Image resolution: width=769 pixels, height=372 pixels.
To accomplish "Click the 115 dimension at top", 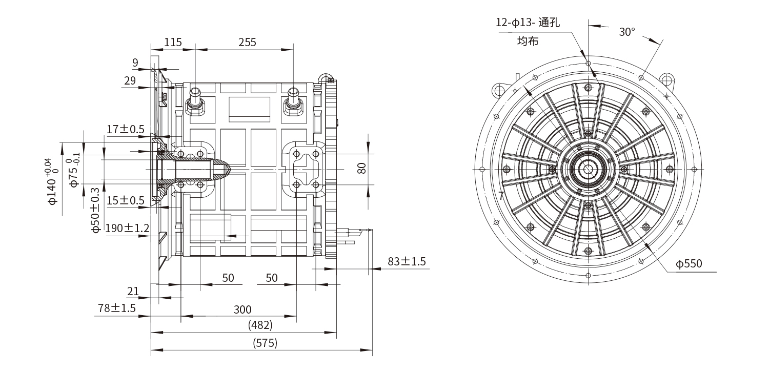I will tap(173, 42).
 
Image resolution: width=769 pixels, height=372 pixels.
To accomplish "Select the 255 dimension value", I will tap(247, 42).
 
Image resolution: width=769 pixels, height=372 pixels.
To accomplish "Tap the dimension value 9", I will tap(135, 63).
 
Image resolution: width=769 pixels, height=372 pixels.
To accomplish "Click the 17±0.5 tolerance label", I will tap(126, 129).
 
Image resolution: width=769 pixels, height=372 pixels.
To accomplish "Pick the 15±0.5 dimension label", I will tap(126, 200).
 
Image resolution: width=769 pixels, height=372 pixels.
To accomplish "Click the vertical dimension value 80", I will tap(362, 168).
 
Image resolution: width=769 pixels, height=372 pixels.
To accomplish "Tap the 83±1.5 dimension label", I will tap(407, 261).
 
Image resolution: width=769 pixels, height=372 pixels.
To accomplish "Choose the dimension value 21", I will tap(133, 291).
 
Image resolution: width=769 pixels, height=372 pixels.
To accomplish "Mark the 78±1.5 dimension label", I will tap(117, 308).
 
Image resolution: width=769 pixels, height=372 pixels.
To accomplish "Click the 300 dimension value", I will tap(242, 309).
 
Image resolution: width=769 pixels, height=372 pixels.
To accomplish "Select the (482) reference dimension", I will tap(260, 325).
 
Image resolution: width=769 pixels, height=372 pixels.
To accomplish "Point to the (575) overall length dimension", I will tap(265, 343).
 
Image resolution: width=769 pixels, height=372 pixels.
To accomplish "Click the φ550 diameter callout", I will tap(689, 264).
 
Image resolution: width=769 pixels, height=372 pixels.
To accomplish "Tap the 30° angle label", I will tap(626, 32).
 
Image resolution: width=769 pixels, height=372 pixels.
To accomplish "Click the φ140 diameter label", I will tap(52, 182).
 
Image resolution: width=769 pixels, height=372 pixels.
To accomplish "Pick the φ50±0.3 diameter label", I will tap(95, 211).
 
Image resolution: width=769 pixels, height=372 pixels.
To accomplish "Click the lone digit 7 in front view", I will tap(501, 196).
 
